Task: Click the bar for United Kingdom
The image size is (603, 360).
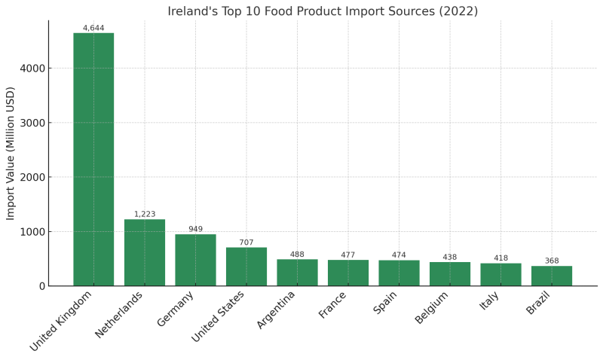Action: pyautogui.click(x=93, y=159)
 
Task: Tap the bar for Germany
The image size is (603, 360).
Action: pyautogui.click(x=195, y=260)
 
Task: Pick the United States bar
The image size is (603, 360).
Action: pyautogui.click(x=246, y=267)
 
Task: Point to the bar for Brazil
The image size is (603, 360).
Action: pyautogui.click(x=552, y=276)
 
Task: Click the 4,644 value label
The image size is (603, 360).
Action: pyautogui.click(x=93, y=28)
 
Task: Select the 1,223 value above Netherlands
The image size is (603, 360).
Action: pyautogui.click(x=145, y=214)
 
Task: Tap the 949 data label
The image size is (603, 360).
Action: pyautogui.click(x=195, y=229)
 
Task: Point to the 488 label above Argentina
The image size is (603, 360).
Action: pyautogui.click(x=297, y=255)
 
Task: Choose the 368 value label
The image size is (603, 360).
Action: pyautogui.click(x=552, y=261)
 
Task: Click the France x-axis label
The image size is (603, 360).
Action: pyautogui.click(x=333, y=305)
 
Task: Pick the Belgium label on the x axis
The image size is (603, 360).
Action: pyautogui.click(x=432, y=308)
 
